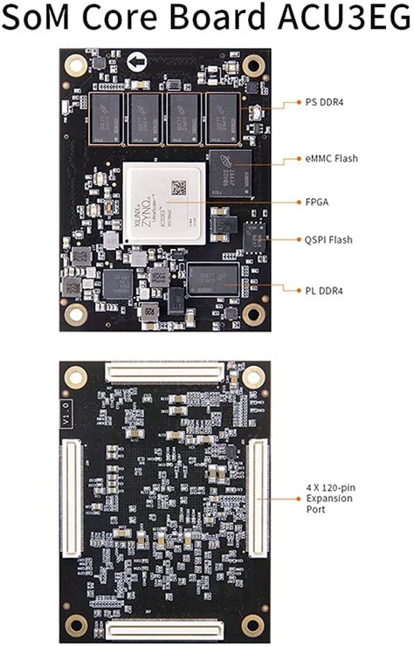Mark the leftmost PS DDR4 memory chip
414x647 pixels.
click(x=107, y=118)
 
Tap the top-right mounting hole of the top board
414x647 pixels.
click(x=253, y=64)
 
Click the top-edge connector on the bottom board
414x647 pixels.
click(x=165, y=373)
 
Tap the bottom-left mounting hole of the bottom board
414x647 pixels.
click(x=76, y=623)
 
